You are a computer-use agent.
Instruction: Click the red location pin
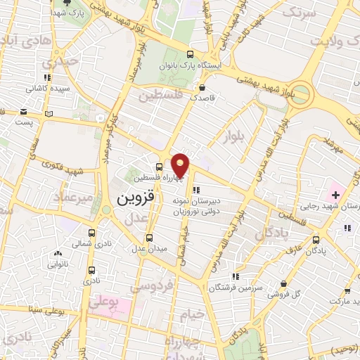click(181, 166)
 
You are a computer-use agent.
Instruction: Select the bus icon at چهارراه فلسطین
click(159, 167)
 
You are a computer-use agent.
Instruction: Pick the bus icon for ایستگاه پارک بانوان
click(190, 53)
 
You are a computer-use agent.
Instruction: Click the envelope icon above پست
click(24, 111)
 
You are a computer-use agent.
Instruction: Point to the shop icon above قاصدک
click(202, 88)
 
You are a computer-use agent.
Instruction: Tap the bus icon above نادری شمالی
click(91, 232)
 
